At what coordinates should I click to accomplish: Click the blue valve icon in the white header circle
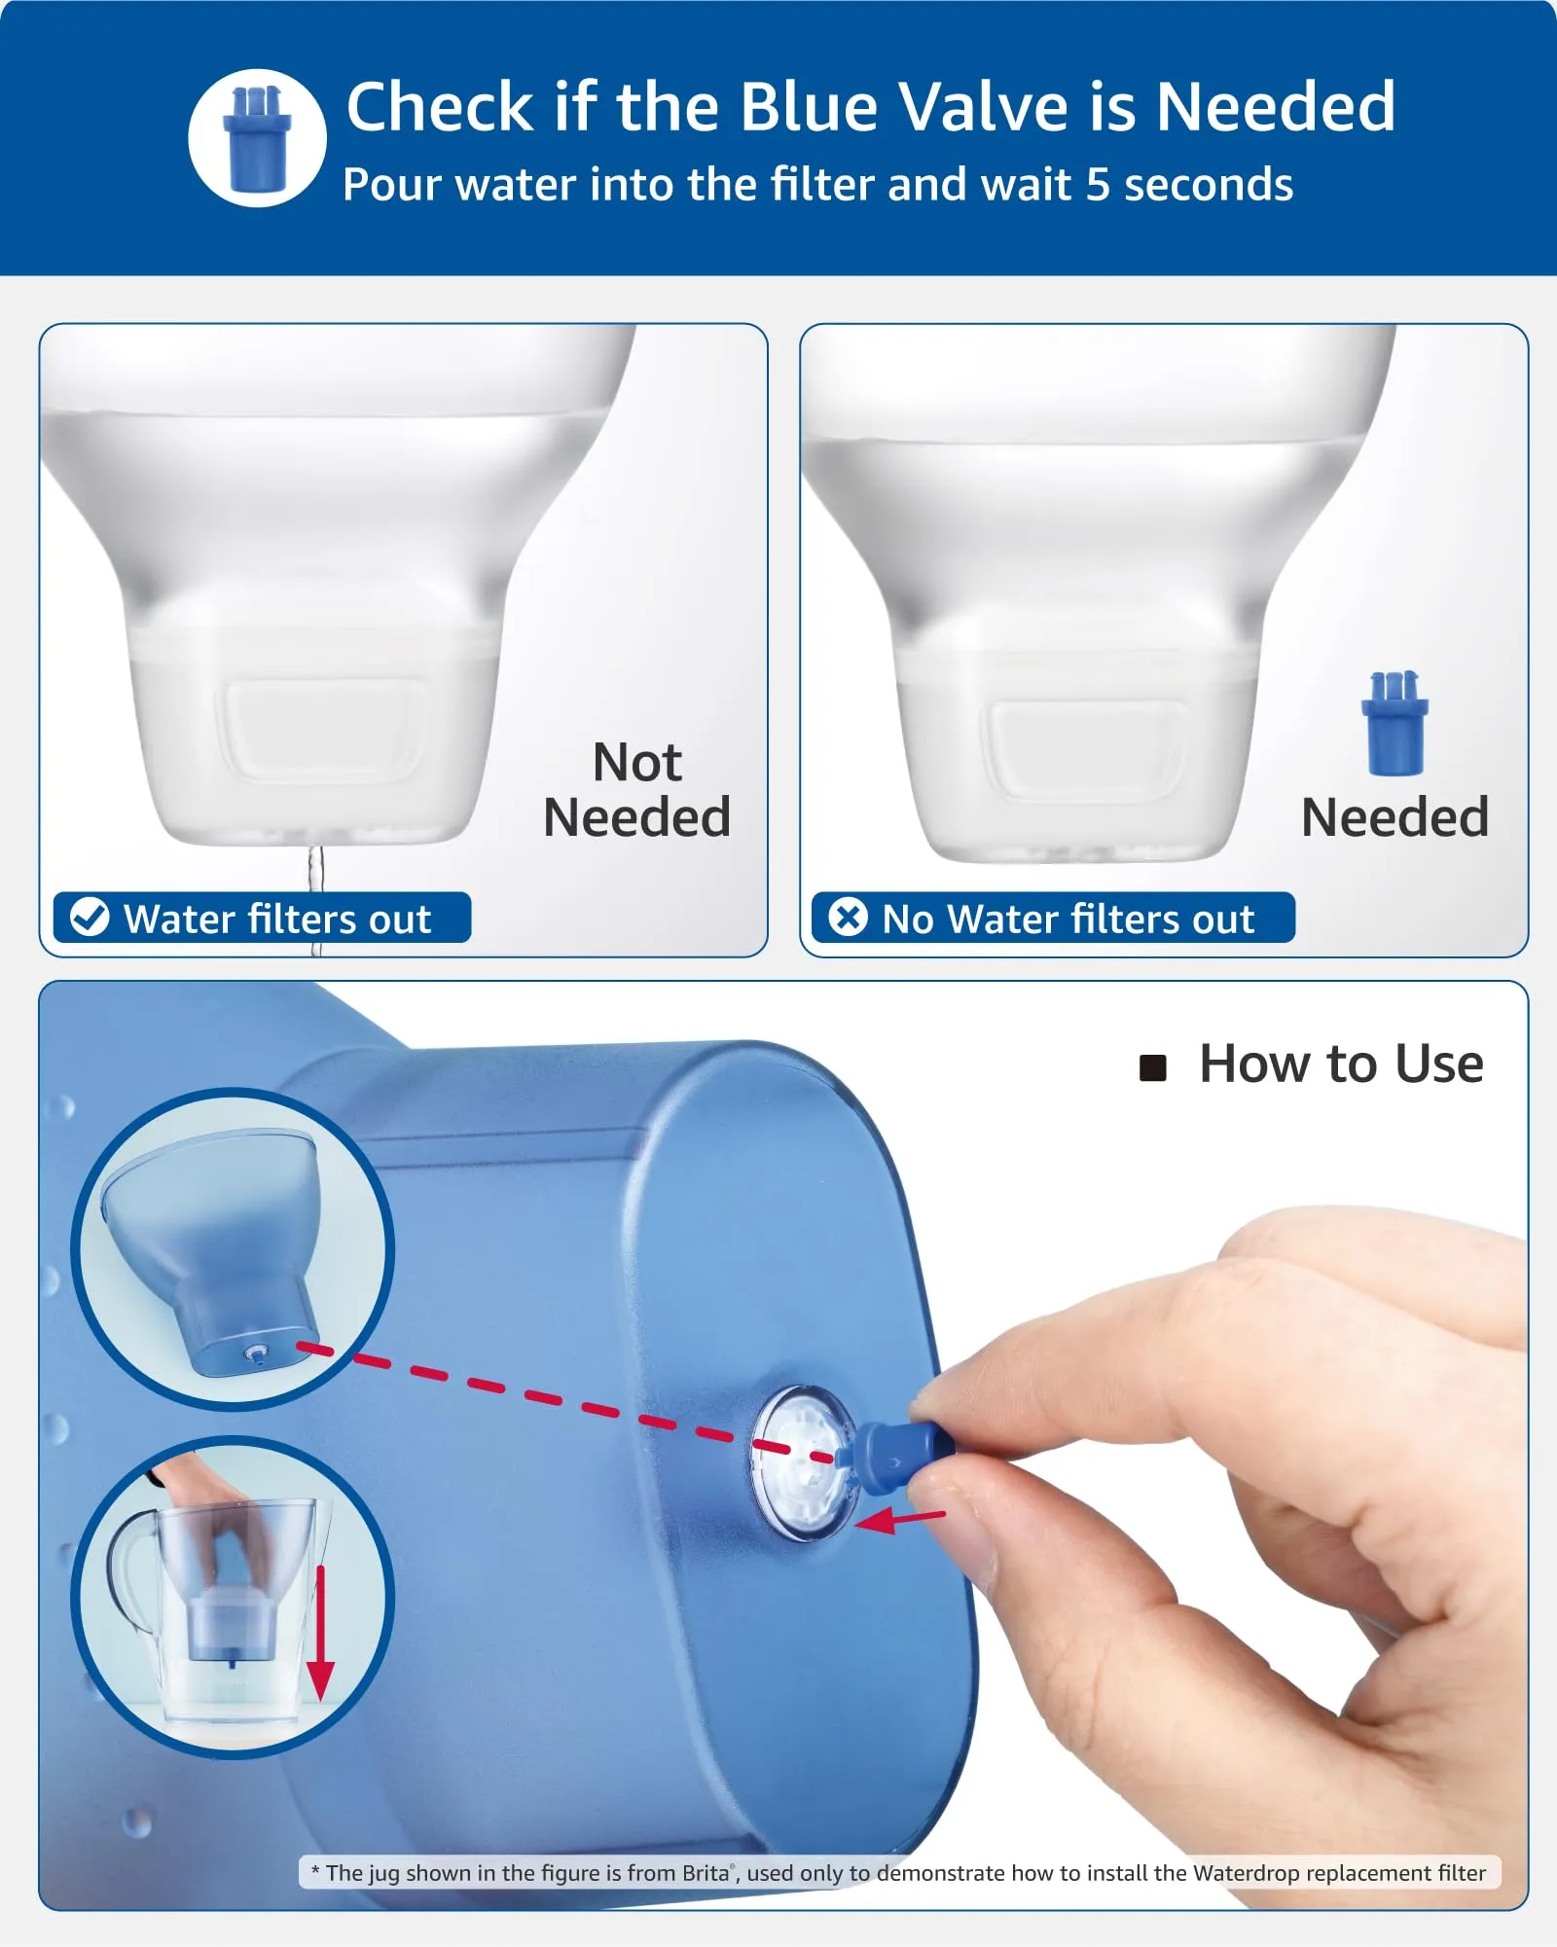coord(257,138)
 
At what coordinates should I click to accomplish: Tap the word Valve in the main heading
coord(984,106)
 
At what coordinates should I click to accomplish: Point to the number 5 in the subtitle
coord(1097,185)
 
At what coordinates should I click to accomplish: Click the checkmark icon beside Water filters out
coord(90,917)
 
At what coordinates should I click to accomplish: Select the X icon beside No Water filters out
coord(848,917)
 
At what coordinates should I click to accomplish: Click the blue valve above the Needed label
coord(1394,723)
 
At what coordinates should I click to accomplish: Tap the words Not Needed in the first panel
coord(637,789)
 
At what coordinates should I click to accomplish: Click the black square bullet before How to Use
coord(1153,1068)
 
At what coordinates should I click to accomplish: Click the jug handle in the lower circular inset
coord(127,1568)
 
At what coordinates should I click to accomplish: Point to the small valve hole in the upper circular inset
coord(256,1353)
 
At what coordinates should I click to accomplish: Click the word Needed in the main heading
coord(1276,106)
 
